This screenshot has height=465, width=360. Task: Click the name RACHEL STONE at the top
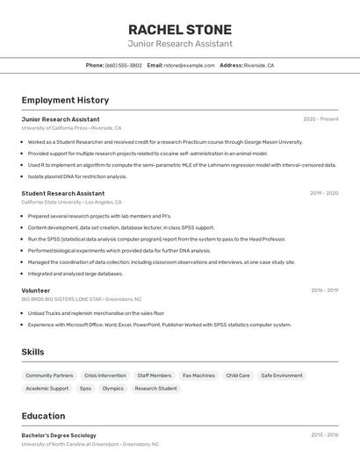pyautogui.click(x=180, y=29)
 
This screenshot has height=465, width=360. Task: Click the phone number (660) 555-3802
pyautogui.click(x=123, y=65)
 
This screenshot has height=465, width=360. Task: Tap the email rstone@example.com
pyautogui.click(x=189, y=65)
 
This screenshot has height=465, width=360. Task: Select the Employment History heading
pyautogui.click(x=65, y=100)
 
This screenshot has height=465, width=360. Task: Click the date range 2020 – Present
pyautogui.click(x=320, y=119)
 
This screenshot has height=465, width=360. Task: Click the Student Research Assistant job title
pyautogui.click(x=63, y=193)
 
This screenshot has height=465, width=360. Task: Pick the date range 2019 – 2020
pyautogui.click(x=323, y=193)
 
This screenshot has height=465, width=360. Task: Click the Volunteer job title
pyautogui.click(x=36, y=290)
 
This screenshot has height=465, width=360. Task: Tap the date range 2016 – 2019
pyautogui.click(x=324, y=290)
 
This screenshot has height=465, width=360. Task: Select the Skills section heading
pyautogui.click(x=33, y=352)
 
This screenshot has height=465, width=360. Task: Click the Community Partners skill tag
pyautogui.click(x=50, y=376)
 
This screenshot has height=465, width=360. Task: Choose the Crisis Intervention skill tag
pyautogui.click(x=105, y=376)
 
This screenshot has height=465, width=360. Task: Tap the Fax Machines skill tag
pyautogui.click(x=198, y=376)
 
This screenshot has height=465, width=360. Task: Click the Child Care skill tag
pyautogui.click(x=238, y=376)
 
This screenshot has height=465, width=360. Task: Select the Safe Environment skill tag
pyautogui.click(x=282, y=376)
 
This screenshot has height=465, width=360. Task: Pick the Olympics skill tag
pyautogui.click(x=113, y=388)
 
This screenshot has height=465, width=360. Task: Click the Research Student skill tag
pyautogui.click(x=155, y=388)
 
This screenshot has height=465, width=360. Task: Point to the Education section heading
pyautogui.click(x=44, y=416)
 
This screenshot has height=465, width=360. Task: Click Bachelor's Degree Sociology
pyautogui.click(x=59, y=434)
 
